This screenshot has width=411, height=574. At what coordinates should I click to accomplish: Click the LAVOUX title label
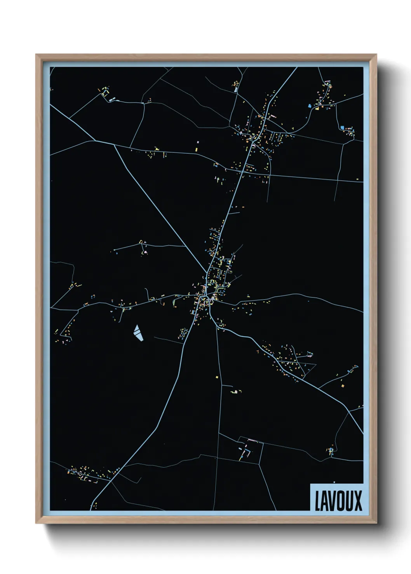tap(338, 500)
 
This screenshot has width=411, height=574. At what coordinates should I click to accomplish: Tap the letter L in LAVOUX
tap(317, 501)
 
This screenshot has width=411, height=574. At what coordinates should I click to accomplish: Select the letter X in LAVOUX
tap(358, 501)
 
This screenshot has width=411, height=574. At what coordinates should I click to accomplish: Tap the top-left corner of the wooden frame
tap(37, 55)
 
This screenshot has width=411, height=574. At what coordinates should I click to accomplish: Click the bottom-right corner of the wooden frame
tap(376, 522)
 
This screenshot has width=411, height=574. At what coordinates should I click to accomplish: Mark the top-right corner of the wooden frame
tap(376, 55)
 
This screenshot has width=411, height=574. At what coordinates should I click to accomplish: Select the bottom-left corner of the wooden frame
tap(37, 522)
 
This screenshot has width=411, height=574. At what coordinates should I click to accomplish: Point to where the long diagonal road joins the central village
tap(207, 273)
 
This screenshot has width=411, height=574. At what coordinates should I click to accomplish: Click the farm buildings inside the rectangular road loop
tap(246, 451)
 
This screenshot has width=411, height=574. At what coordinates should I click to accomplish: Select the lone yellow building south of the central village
tap(217, 376)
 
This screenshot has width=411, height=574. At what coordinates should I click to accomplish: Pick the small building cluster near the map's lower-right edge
tap(331, 451)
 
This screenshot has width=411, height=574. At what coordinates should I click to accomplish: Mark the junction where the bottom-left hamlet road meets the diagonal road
tap(111, 481)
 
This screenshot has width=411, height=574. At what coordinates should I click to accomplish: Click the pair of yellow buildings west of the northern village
tap(197, 146)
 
